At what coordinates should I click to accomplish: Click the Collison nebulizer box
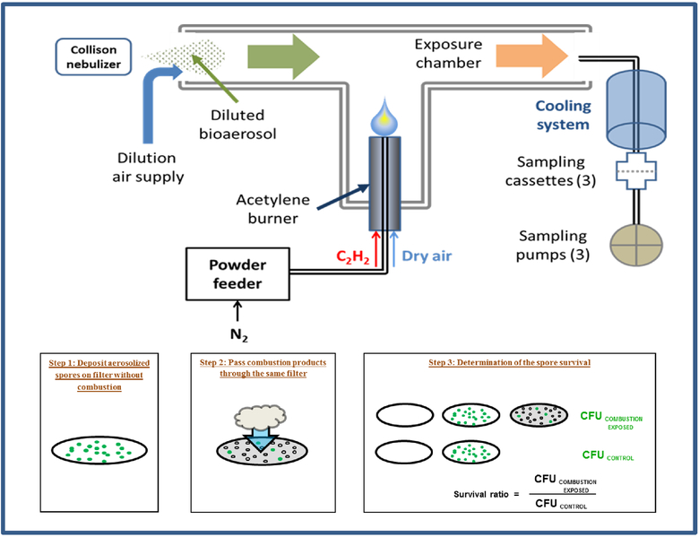click(x=92, y=56)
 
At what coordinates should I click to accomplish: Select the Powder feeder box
click(x=239, y=274)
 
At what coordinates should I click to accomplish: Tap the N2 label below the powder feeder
click(x=238, y=336)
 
